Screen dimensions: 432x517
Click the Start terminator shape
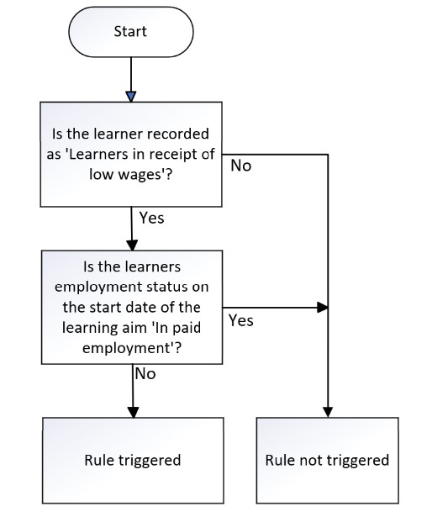coord(131,32)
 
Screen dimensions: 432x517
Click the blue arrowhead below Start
coord(131,97)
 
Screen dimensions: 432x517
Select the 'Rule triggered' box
coord(133,461)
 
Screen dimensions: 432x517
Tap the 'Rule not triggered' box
coord(328,461)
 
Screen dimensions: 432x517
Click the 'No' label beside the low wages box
coord(241,166)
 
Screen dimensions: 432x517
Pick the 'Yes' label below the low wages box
coord(151,218)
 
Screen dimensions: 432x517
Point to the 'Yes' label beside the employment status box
coord(241,320)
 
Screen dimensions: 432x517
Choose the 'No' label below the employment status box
coord(145,374)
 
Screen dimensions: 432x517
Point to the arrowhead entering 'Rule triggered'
coord(134,413)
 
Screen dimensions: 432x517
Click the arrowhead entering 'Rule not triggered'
coord(328,413)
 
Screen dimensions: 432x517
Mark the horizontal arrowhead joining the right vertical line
coord(323,308)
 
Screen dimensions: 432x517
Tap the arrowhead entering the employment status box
coord(132,245)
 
